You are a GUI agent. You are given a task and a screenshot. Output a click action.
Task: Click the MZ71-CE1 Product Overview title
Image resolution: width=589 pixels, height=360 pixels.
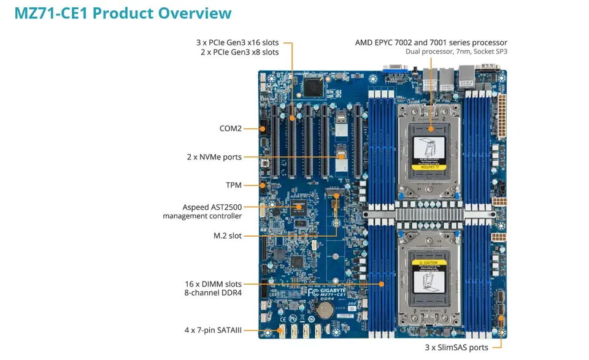pyautogui.click(x=123, y=13)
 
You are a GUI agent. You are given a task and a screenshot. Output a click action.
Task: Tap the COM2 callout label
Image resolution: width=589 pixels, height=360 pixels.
pyautogui.click(x=231, y=129)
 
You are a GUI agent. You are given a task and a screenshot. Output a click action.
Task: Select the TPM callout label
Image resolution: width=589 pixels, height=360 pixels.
pyautogui.click(x=234, y=185)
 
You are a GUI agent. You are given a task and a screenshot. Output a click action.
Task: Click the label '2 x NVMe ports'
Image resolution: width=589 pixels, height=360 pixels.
pyautogui.click(x=215, y=157)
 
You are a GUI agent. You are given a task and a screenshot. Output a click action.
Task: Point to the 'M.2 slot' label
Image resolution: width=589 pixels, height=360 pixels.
pyautogui.click(x=227, y=236)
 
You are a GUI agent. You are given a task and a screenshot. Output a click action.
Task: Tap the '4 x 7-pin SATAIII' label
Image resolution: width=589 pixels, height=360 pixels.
pyautogui.click(x=213, y=330)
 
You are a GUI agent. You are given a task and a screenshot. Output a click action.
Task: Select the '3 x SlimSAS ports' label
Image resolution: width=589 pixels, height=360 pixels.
pyautogui.click(x=456, y=348)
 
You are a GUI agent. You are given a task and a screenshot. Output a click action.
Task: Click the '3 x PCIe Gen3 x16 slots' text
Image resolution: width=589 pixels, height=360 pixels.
pyautogui.click(x=237, y=42)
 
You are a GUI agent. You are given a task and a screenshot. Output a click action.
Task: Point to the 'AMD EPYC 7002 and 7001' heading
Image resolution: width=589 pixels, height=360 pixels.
pyautogui.click(x=431, y=42)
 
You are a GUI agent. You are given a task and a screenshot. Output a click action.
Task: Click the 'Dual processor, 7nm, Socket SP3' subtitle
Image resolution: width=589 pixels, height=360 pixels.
pyautogui.click(x=456, y=52)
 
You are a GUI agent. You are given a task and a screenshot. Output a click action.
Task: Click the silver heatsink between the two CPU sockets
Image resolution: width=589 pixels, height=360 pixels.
pyautogui.click(x=430, y=214)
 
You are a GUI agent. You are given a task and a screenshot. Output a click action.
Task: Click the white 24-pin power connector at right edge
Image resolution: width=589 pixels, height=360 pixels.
pyautogui.click(x=501, y=117)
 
